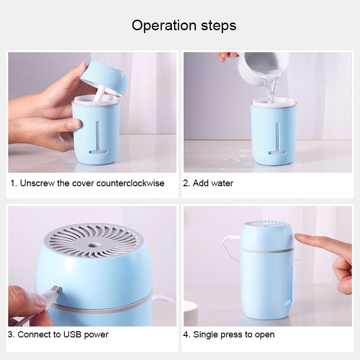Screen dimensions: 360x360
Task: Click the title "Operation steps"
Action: point(184,25)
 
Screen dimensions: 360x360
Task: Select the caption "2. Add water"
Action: point(208,183)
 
